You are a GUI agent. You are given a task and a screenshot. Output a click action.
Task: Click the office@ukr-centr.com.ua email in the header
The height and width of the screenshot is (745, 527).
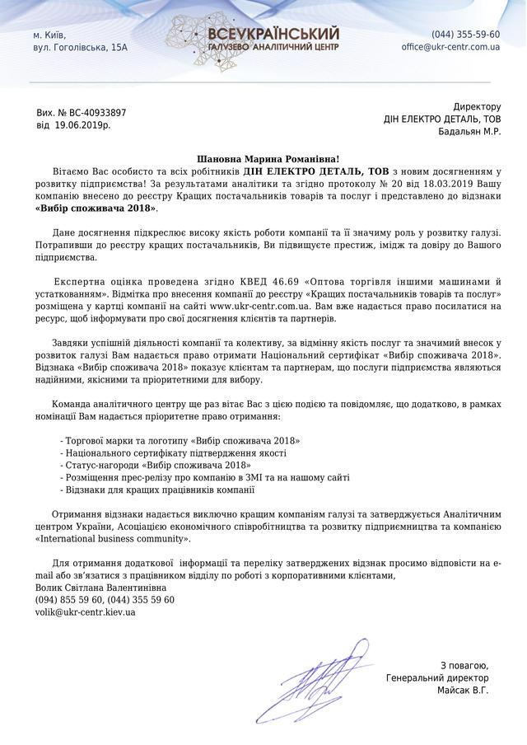pos(450,48)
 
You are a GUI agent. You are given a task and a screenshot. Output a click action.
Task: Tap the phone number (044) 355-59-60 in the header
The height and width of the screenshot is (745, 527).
pos(465,35)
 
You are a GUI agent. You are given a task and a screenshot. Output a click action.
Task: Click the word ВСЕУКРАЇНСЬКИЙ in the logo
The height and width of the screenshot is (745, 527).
pos(274,33)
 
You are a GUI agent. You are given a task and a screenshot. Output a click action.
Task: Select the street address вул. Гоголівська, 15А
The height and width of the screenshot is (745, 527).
pos(80,48)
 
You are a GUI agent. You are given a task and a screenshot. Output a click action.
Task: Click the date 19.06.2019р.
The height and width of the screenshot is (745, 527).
pos(82,125)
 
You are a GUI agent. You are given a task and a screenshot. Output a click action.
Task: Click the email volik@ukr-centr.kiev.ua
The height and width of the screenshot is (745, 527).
pos(86,612)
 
